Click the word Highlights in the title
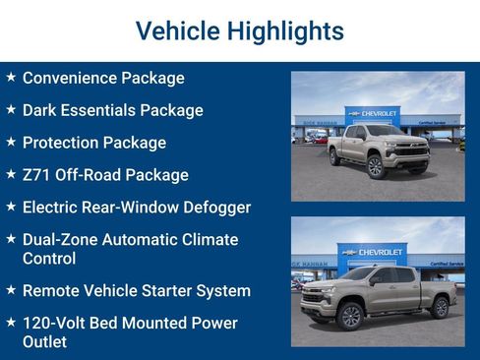284,31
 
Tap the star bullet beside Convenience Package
10,77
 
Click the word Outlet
44,341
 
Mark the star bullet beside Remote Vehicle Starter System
10,290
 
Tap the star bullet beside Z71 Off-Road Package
10,174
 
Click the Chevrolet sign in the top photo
374,114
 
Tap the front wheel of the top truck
375,167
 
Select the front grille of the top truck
406,150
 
